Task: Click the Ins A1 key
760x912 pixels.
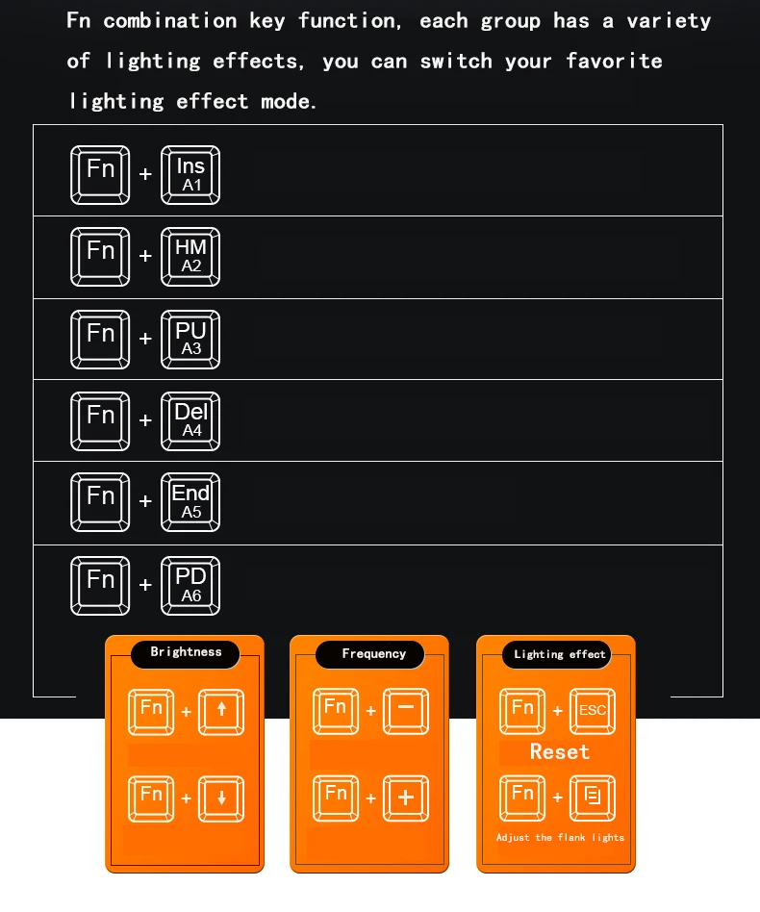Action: point(190,175)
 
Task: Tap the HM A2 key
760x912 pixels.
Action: point(190,257)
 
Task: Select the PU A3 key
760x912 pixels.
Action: point(190,339)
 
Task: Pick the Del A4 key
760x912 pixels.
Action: point(190,421)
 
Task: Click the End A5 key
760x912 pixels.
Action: point(190,502)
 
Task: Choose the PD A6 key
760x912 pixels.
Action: point(190,586)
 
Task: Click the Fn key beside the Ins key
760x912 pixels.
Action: point(100,175)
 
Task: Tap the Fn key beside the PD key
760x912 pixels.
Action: point(100,586)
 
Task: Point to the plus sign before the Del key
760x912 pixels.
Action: point(145,420)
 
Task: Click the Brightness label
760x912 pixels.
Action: point(186,652)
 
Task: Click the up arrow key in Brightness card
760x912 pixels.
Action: point(221,712)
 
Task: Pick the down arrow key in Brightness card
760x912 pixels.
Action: point(221,798)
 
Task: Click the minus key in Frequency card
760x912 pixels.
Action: point(406,711)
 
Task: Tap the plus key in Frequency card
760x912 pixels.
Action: point(406,798)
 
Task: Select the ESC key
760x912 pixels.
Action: point(593,711)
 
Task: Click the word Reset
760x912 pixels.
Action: point(559,751)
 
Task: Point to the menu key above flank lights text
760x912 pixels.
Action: point(593,798)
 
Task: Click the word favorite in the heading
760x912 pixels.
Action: point(614,61)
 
